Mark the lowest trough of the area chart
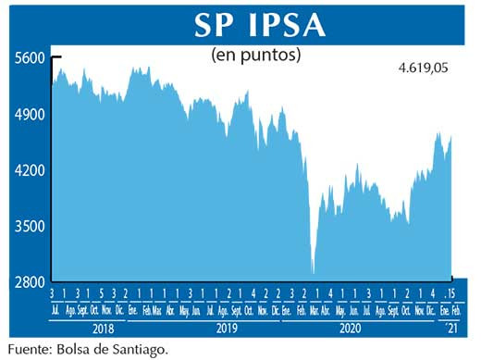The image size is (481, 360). pos(314,273)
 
